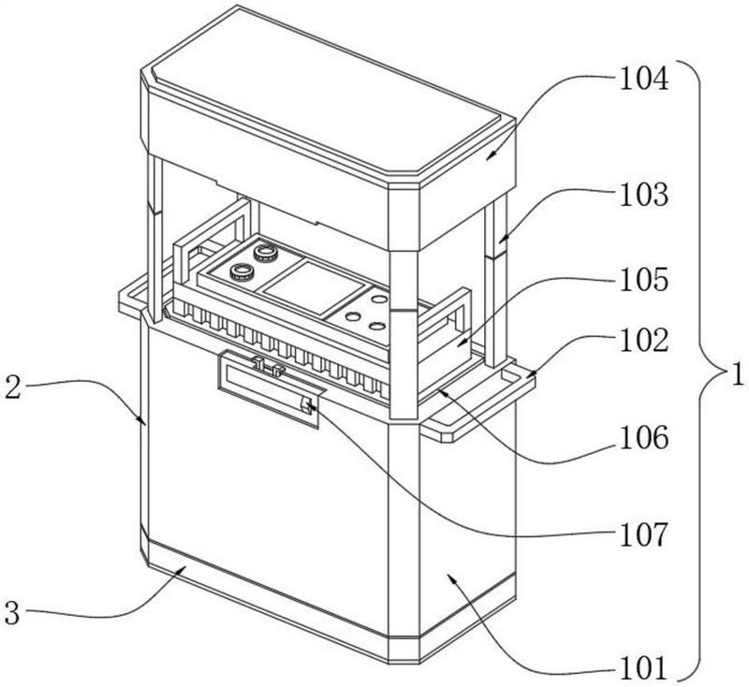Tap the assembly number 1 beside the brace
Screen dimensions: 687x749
(737, 377)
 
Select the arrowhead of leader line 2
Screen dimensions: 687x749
(142, 423)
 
